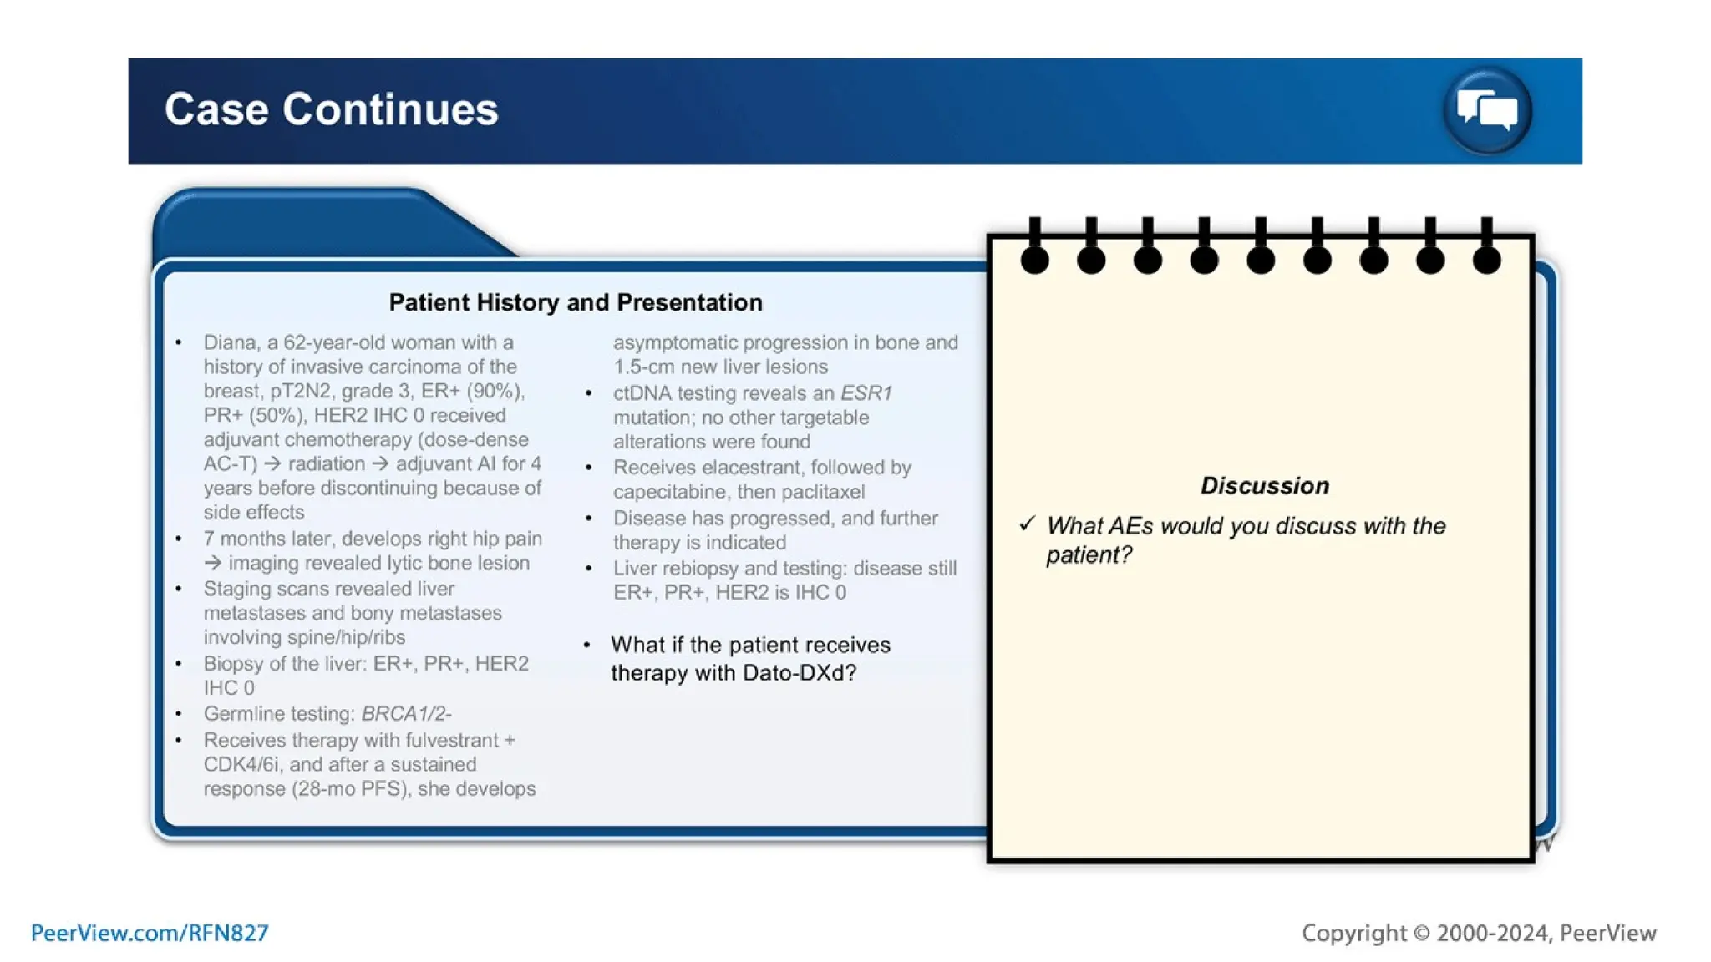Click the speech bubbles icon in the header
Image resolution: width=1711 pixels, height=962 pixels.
(1487, 110)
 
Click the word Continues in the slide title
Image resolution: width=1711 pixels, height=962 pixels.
(390, 109)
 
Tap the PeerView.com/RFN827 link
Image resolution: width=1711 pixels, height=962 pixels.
(150, 933)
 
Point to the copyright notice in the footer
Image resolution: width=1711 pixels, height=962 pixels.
(1479, 933)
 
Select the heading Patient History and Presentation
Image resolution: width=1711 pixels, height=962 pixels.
(576, 302)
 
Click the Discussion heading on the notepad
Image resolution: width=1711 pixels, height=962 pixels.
(1264, 486)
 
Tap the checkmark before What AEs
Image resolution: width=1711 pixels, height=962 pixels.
(1027, 524)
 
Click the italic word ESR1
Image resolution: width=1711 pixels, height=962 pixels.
(866, 393)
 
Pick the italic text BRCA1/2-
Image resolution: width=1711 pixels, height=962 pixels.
(406, 714)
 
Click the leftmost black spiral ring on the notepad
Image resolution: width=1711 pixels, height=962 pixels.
(1034, 259)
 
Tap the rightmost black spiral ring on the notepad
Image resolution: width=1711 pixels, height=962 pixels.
(1486, 259)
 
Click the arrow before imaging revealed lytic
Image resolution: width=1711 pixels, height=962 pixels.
(212, 564)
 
